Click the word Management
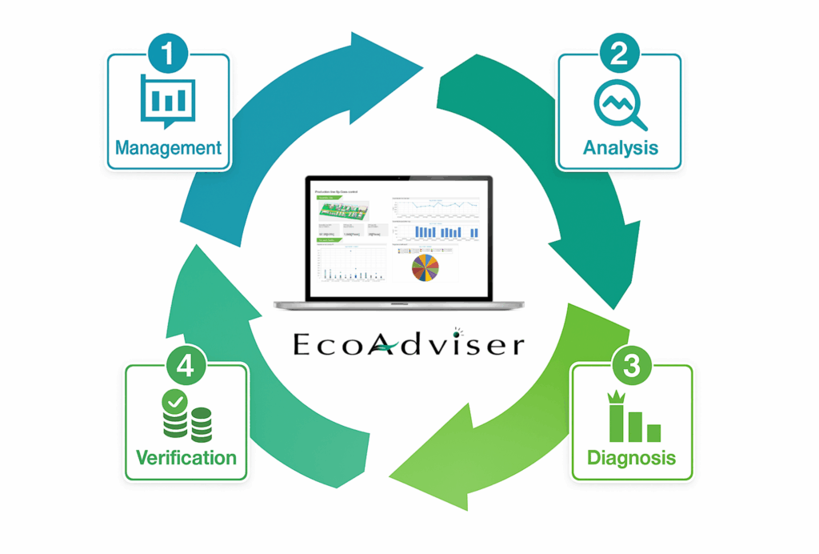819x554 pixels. (168, 148)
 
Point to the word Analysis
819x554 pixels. (621, 148)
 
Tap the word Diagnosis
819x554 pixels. (631, 459)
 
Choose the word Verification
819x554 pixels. (186, 459)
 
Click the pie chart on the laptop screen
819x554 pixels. (425, 267)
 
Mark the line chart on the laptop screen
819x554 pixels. (436, 206)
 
